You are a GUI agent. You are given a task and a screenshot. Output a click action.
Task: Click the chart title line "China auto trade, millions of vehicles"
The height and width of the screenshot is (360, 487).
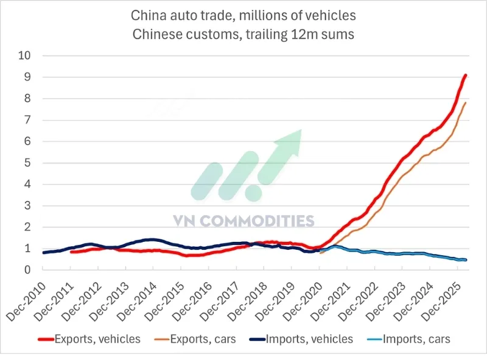click(x=243, y=14)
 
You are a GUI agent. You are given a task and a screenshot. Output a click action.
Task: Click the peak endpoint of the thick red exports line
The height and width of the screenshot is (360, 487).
click(x=466, y=75)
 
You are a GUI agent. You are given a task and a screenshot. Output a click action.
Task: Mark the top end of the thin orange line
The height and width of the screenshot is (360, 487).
click(x=466, y=102)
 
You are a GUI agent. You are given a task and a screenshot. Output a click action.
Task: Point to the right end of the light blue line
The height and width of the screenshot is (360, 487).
click(x=466, y=260)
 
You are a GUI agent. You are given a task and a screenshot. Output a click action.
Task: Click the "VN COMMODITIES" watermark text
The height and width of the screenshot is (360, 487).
click(x=252, y=221)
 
